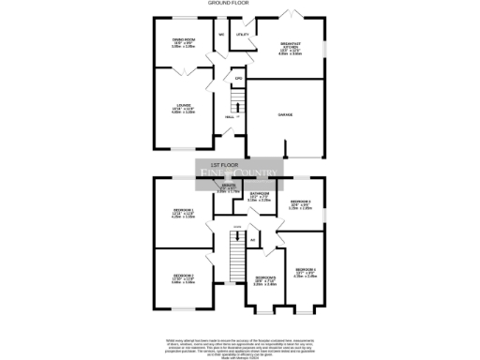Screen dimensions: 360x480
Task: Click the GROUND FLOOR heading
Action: pyautogui.click(x=240, y=4)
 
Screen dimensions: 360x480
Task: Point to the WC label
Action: pyautogui.click(x=221, y=35)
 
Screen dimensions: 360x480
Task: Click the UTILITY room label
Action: pyautogui.click(x=242, y=35)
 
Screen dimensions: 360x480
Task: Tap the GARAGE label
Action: pyautogui.click(x=284, y=114)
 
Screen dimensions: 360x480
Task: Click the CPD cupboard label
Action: pyautogui.click(x=239, y=79)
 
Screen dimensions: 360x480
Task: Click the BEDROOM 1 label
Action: pyautogui.click(x=183, y=212)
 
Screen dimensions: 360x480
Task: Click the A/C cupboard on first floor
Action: pyautogui.click(x=253, y=240)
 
